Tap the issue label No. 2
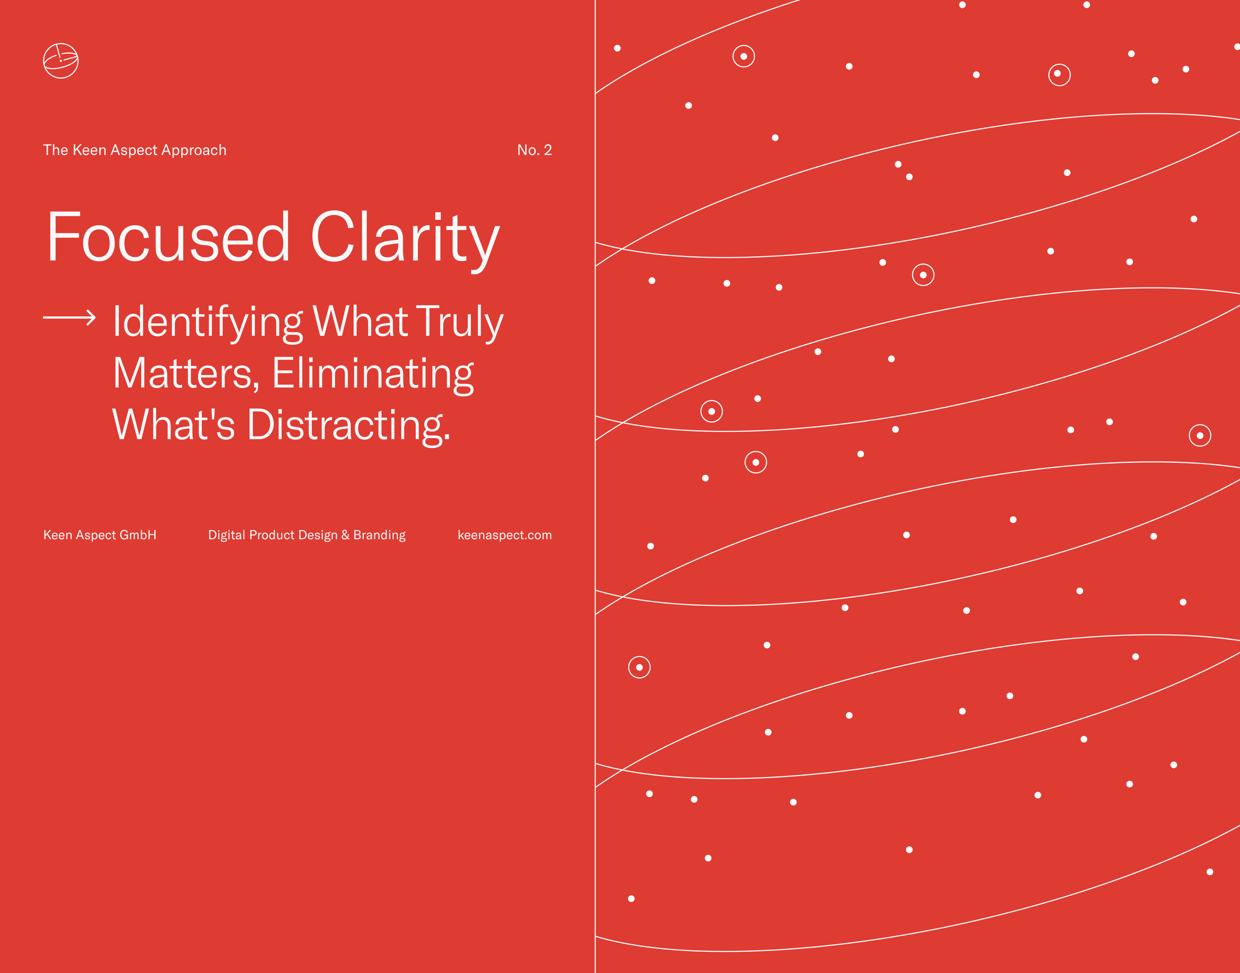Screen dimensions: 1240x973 click(534, 150)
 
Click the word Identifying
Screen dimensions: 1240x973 click(208, 322)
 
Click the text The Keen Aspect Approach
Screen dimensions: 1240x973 click(135, 150)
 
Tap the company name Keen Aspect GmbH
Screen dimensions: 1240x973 click(100, 535)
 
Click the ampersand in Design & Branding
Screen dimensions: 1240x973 click(345, 535)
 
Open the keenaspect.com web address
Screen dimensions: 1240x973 click(505, 535)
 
